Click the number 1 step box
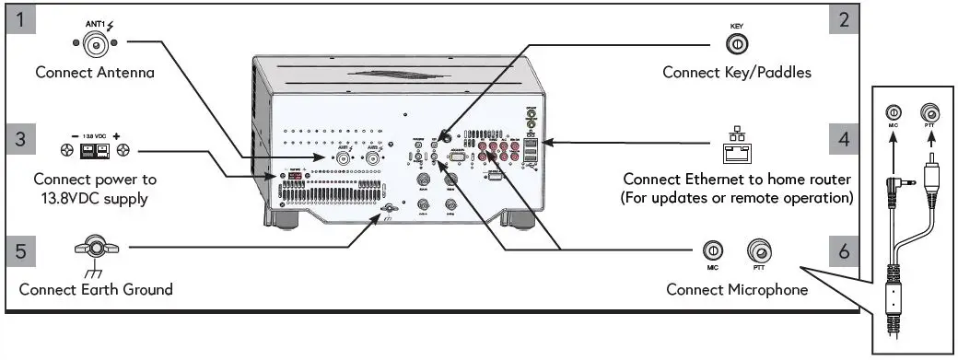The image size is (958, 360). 18,21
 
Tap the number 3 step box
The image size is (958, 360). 18,140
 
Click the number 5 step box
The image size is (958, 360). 18,249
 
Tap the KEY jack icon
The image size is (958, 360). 736,43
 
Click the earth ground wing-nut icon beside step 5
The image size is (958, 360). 95,249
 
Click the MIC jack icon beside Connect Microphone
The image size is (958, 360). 712,250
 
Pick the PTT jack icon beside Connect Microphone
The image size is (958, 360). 760,250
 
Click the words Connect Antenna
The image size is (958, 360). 95,72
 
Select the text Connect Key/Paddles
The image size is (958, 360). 737,72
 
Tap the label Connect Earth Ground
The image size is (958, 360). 96,289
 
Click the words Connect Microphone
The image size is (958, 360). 737,289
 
